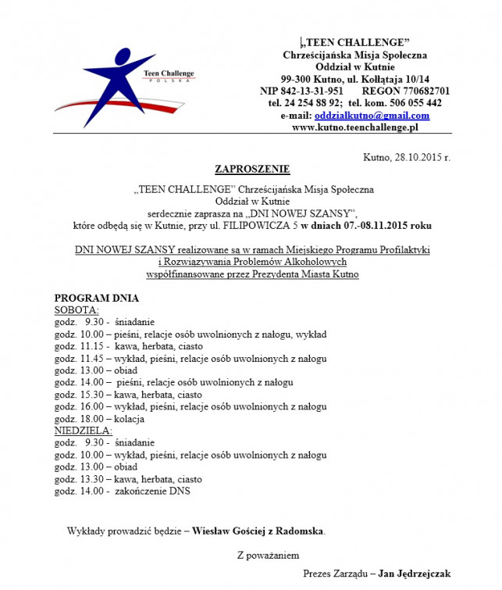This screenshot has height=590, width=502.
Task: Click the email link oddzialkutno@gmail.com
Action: tap(372, 115)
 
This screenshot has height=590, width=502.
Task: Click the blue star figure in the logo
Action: tap(109, 86)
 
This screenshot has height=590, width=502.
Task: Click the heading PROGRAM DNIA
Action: tap(96, 298)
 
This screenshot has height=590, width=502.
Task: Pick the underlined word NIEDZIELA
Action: tap(83, 430)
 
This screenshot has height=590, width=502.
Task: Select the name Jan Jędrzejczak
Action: tap(414, 574)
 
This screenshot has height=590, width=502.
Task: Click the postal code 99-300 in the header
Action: tap(297, 79)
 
